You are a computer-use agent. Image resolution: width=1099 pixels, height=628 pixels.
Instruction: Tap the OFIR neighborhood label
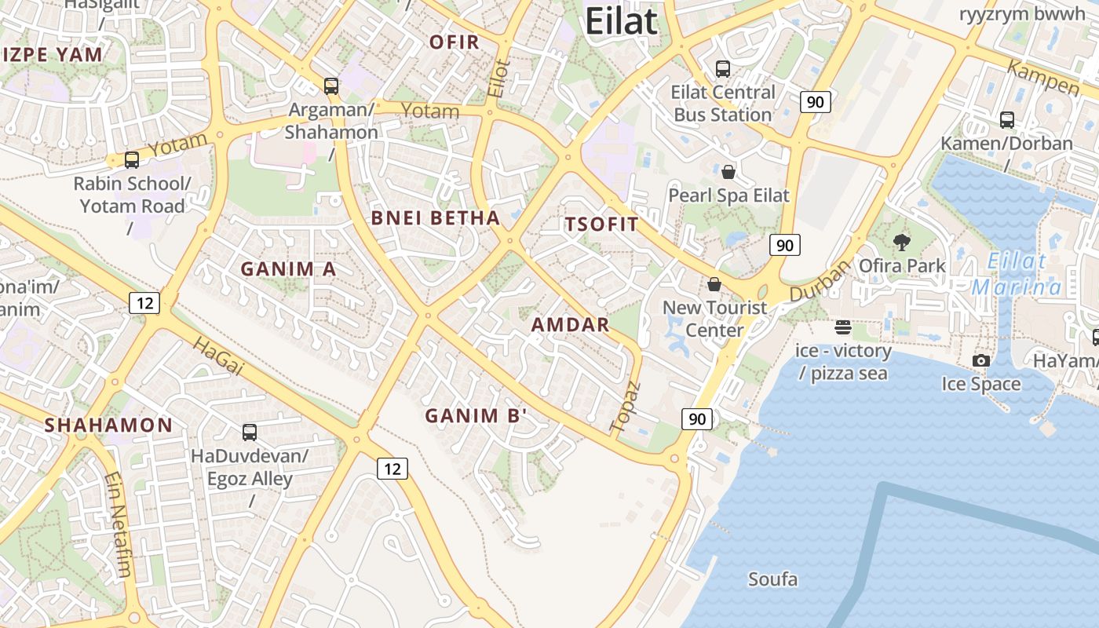pos(455,42)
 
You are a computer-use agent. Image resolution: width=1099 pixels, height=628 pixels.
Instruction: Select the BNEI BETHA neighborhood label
pos(435,218)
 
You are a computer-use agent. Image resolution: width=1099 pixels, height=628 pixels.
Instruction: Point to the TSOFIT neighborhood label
pos(602,225)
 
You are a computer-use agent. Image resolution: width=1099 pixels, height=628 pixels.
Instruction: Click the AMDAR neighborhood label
pos(570,325)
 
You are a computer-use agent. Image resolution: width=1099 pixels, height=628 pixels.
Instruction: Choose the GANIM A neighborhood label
pos(288,269)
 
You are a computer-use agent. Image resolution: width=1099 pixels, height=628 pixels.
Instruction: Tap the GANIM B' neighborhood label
pos(476,416)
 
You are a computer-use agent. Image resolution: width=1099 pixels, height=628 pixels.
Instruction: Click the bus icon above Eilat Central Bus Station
pos(723,69)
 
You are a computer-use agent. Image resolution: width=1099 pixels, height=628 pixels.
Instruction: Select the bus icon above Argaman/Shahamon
pos(331,86)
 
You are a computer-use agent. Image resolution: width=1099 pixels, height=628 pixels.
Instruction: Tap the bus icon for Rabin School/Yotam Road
pos(132,160)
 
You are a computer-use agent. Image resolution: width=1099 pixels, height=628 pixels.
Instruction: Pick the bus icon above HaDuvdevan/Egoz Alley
pos(250,432)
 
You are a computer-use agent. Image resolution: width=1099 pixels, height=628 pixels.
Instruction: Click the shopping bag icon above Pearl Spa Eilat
pos(728,172)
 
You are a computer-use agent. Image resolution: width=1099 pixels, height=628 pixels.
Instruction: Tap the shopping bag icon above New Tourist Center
pos(714,283)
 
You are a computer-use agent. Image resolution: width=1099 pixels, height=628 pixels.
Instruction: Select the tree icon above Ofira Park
pos(902,243)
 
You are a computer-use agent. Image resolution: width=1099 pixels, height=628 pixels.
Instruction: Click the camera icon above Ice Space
pos(981,361)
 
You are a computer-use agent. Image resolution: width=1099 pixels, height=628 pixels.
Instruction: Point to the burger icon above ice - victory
pos(843,327)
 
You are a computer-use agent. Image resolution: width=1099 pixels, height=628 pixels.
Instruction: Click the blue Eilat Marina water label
pos(1017,274)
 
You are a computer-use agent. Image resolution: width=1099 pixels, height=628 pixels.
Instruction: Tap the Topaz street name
pos(626,406)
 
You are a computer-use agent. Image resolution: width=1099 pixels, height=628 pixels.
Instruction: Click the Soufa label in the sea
pos(772,580)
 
